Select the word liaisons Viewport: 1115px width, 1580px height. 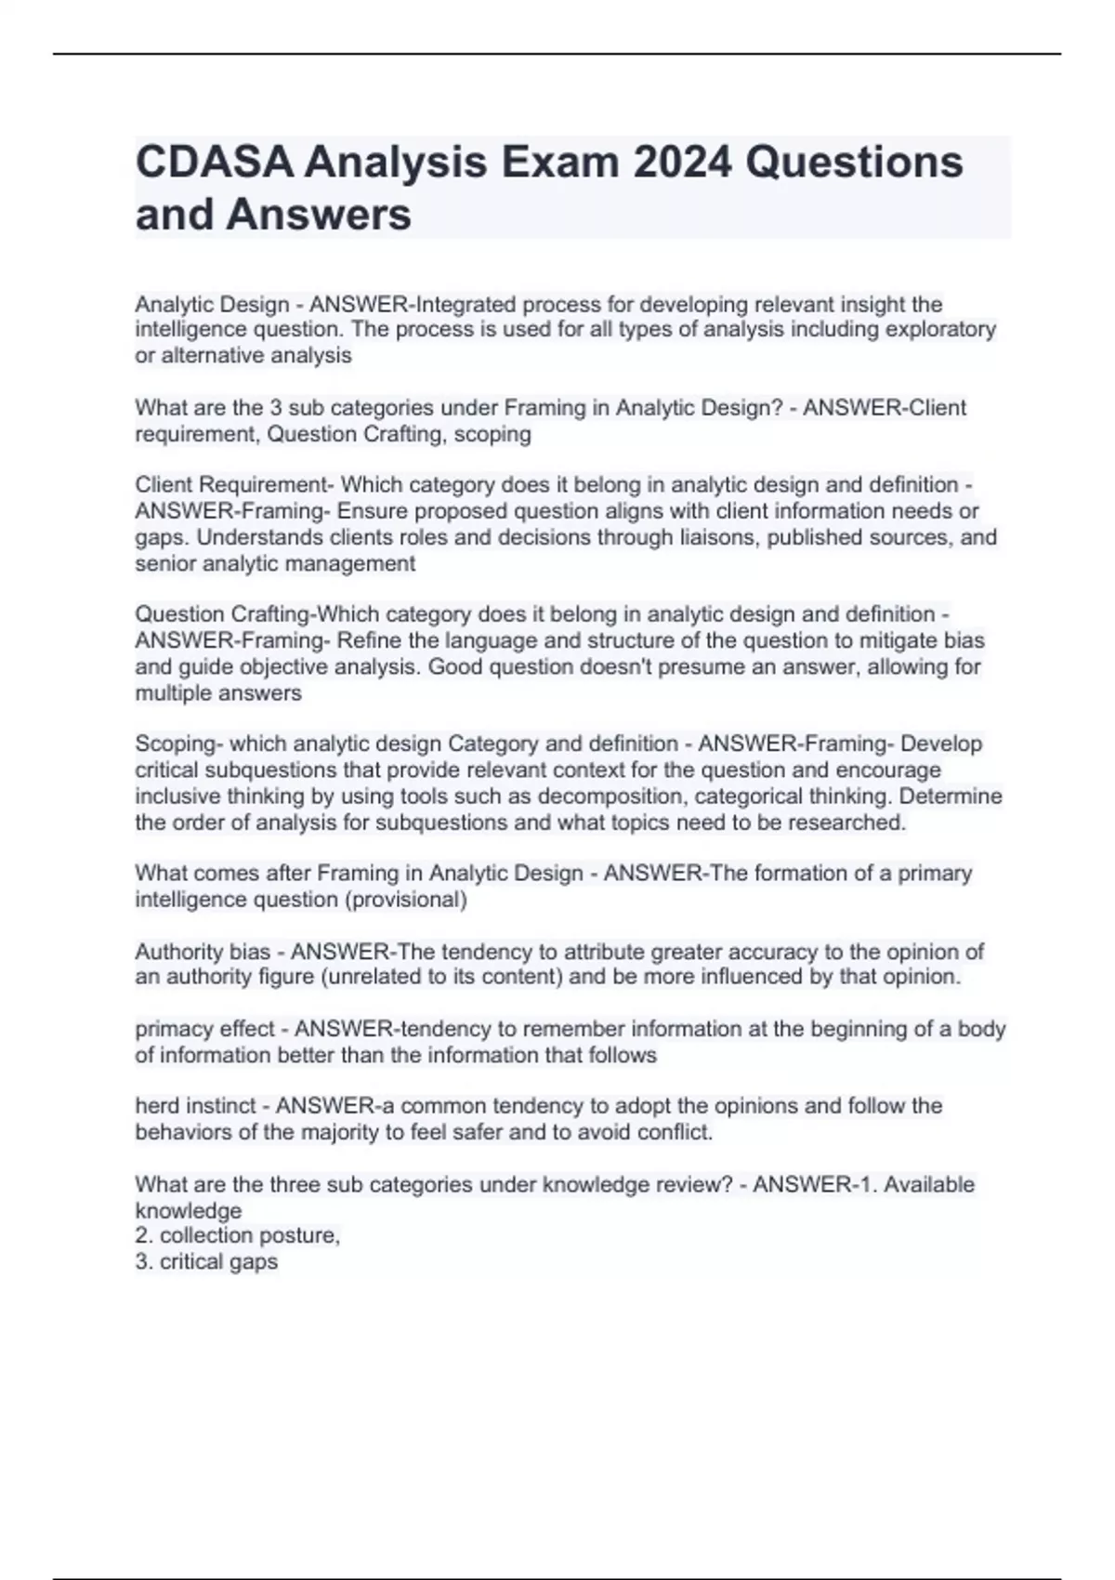[718, 538]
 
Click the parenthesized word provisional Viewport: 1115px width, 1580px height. [415, 900]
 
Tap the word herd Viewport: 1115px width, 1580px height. [156, 1107]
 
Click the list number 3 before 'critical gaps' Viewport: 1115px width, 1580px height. [141, 1262]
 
